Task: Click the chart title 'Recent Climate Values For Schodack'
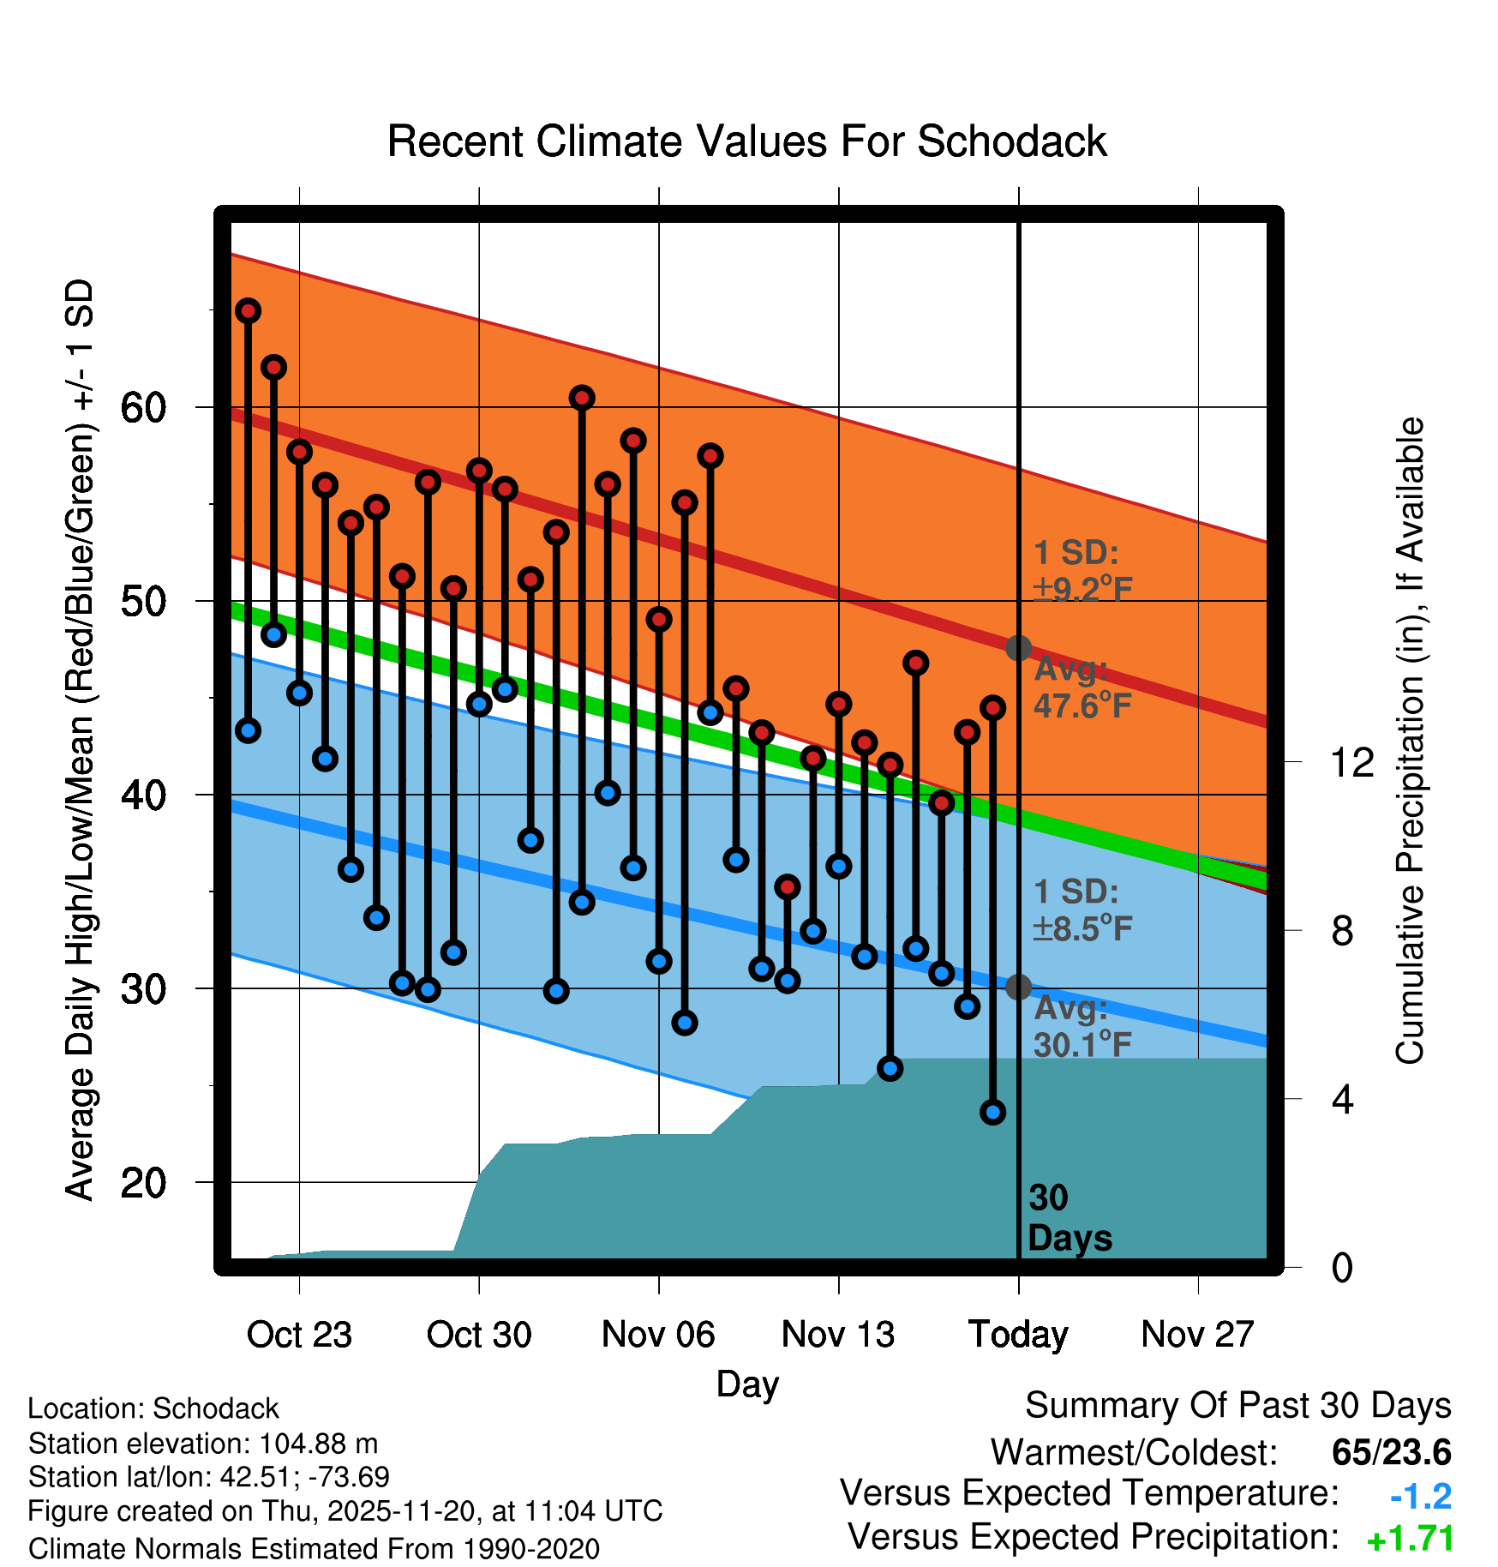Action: coord(746,141)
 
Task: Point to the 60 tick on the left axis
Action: coord(142,407)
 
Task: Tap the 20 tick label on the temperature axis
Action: coord(142,1183)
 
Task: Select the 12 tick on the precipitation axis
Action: coord(1352,762)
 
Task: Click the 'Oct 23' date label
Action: coord(299,1335)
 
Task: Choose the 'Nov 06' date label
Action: coord(658,1335)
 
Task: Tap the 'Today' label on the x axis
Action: coord(1018,1335)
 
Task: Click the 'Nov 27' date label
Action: coord(1197,1335)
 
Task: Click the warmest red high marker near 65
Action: coord(249,311)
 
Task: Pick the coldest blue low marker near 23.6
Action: coord(993,1112)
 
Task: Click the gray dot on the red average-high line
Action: coord(1018,648)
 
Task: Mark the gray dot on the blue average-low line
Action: coord(1018,988)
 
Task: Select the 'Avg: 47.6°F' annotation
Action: coord(1082,688)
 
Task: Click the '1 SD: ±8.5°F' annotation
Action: coord(1082,910)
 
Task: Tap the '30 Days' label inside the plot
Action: coord(1069,1218)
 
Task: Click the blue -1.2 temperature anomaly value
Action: coord(1420,1497)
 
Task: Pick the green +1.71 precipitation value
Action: coord(1410,1539)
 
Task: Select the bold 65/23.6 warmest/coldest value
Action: coord(1391,1453)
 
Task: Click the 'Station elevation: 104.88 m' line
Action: coord(203,1444)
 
